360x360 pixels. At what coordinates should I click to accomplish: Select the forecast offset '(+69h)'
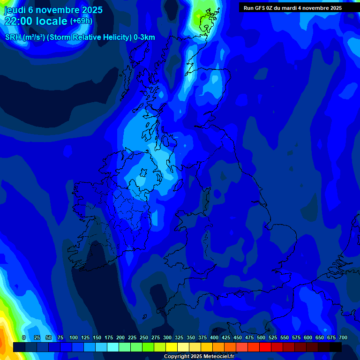coord(81,21)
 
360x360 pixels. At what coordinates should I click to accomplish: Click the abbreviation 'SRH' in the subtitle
coord(14,37)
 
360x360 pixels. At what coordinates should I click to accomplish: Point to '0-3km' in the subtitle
coord(144,37)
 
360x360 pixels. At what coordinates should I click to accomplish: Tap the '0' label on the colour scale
coord(24,337)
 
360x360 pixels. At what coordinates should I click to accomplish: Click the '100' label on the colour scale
coord(74,337)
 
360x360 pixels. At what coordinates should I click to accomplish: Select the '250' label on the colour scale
coord(144,337)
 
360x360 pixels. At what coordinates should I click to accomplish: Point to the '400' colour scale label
coord(214,337)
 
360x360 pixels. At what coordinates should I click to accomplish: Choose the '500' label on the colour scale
coord(261,337)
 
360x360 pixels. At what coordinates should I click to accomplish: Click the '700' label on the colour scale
coord(343,337)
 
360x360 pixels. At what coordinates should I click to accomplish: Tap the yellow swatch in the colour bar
coord(172,347)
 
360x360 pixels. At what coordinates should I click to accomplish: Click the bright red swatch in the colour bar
coord(265,347)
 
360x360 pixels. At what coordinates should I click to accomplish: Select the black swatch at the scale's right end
coord(336,347)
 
